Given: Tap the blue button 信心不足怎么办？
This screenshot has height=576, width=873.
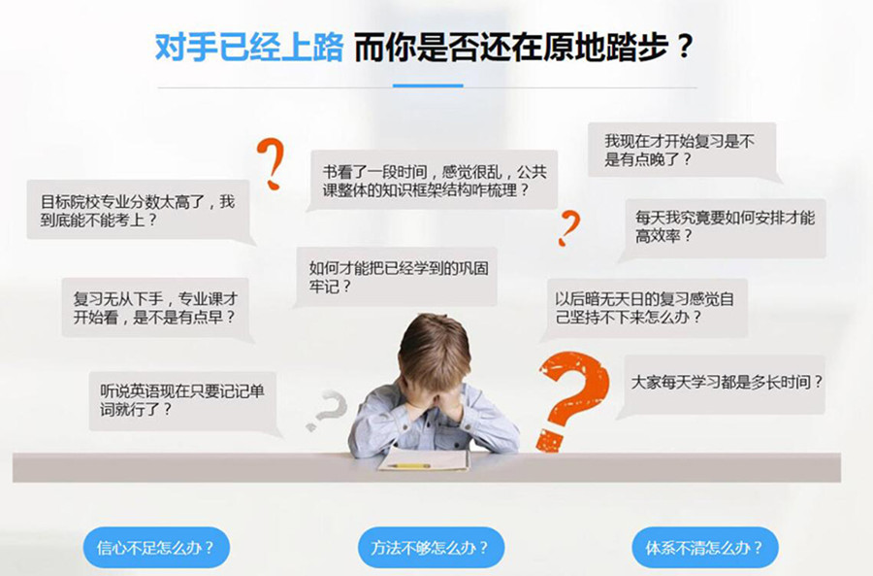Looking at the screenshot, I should pyautogui.click(x=156, y=548).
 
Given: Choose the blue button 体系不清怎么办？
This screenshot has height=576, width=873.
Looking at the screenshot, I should pyautogui.click(x=705, y=548).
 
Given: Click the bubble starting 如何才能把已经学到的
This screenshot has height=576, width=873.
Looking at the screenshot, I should pyautogui.click(x=398, y=276).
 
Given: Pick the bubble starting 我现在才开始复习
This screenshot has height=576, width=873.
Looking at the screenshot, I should pyautogui.click(x=678, y=151).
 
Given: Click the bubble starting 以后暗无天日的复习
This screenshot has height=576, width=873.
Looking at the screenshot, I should pyautogui.click(x=644, y=307).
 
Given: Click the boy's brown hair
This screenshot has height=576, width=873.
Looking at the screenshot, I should pyautogui.click(x=434, y=341).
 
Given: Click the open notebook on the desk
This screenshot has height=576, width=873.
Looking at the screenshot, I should pyautogui.click(x=423, y=459).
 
